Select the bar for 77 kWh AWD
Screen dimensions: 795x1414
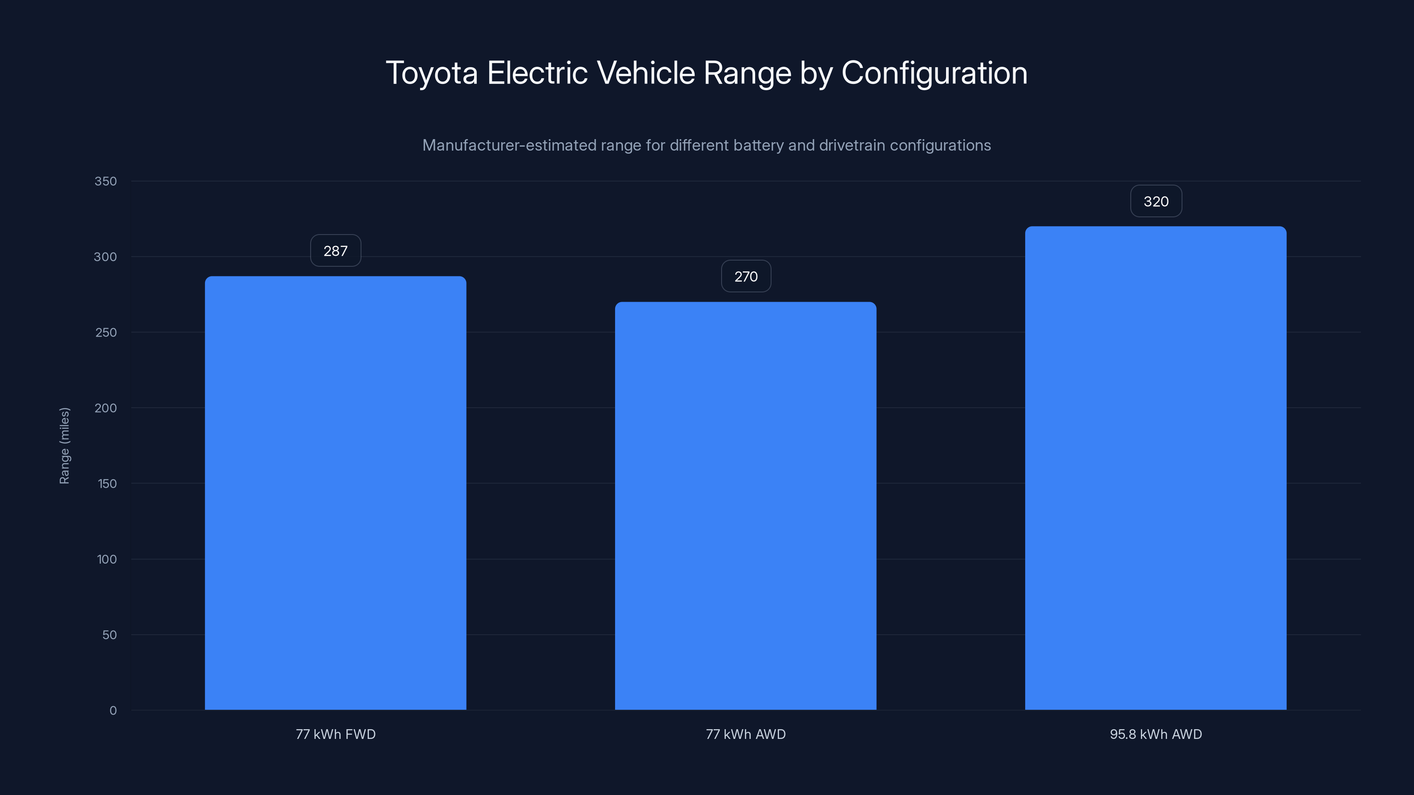[745, 505]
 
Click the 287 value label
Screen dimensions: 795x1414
[335, 251]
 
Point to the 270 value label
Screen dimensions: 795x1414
[745, 276]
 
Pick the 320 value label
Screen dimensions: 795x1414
[1156, 201]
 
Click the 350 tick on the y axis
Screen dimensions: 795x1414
[106, 181]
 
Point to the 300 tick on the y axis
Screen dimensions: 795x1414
[106, 257]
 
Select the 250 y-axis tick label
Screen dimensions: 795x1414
[106, 333]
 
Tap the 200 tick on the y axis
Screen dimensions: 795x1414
[106, 408]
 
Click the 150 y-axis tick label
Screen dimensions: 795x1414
[106, 483]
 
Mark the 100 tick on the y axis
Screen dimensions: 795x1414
[106, 559]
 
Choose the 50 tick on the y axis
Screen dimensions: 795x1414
[109, 635]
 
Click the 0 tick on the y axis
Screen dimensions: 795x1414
[113, 711]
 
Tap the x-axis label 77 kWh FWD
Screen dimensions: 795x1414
[335, 734]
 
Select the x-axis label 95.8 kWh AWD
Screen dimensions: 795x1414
[1156, 734]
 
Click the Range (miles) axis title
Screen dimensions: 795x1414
[64, 446]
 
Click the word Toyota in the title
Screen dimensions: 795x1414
[431, 73]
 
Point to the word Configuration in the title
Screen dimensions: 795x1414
[934, 73]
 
